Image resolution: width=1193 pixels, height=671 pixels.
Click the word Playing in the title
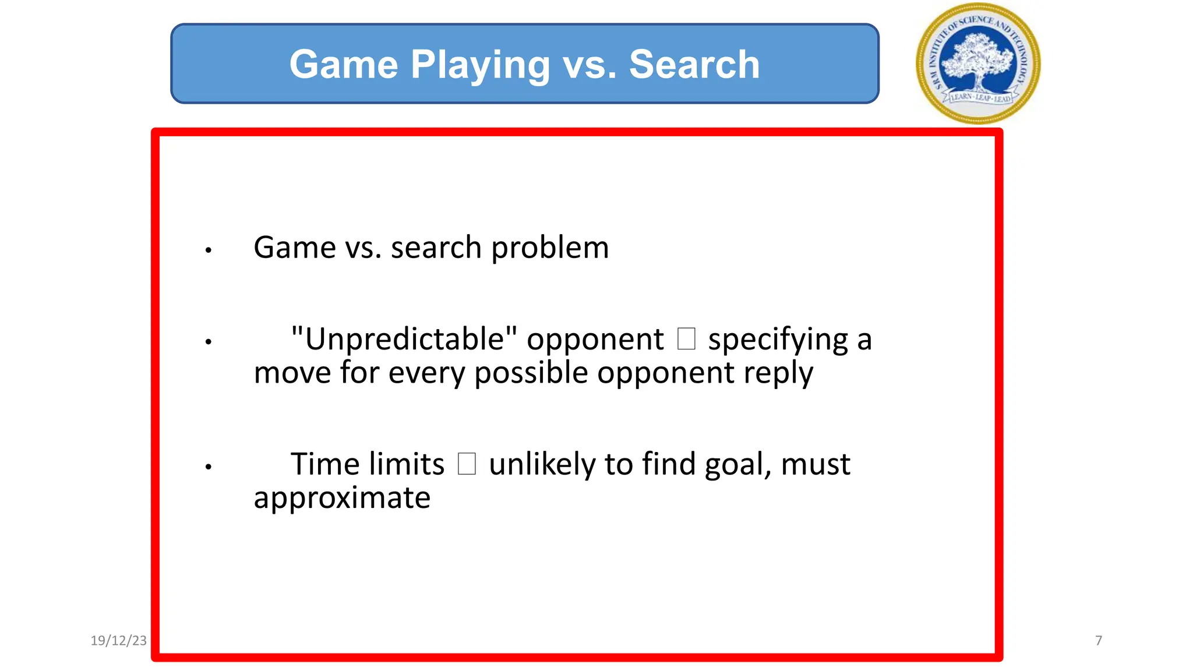(480, 65)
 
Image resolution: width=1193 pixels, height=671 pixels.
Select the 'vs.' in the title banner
(589, 65)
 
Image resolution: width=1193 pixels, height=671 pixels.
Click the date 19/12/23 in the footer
(119, 641)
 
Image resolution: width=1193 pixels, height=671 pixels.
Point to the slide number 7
(1099, 641)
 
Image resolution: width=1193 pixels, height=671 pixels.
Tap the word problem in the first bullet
(550, 248)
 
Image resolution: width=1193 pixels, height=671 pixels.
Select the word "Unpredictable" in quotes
(404, 339)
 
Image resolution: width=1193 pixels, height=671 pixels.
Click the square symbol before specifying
(686, 339)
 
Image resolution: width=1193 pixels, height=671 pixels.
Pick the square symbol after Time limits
(467, 464)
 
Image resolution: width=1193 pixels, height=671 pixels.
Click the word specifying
(778, 340)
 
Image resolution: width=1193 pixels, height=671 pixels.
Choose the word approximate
(342, 498)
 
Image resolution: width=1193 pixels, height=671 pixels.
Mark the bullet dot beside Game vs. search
(208, 251)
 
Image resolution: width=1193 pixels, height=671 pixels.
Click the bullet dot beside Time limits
(208, 467)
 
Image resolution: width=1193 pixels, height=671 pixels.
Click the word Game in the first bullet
(295, 248)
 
